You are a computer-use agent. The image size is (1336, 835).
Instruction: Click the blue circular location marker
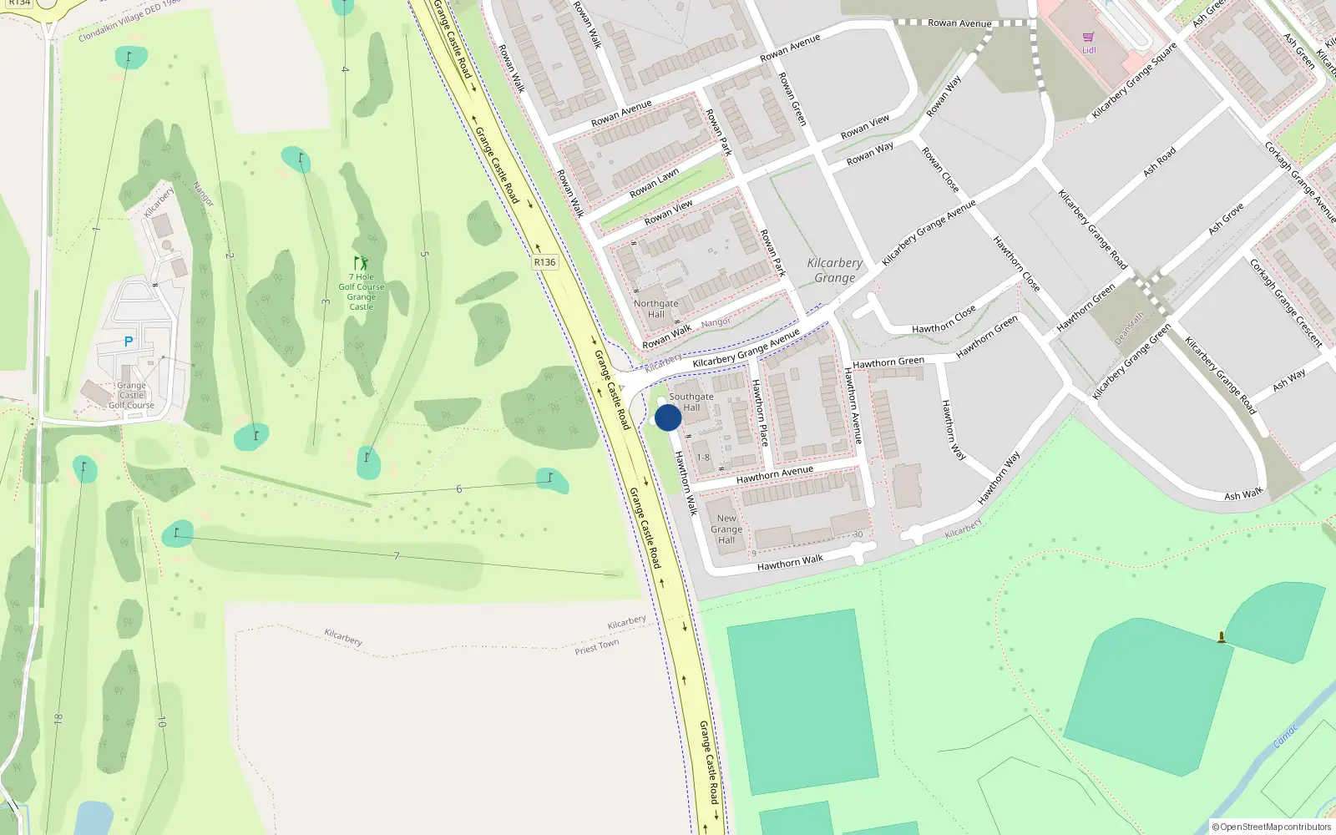[x=668, y=417]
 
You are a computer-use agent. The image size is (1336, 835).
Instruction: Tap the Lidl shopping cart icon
[x=1088, y=38]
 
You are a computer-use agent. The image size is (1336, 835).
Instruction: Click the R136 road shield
[x=544, y=262]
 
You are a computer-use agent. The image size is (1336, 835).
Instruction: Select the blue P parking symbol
[x=129, y=342]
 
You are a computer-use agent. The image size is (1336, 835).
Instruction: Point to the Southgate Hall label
[x=691, y=402]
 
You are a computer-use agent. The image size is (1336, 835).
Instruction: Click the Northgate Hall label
[x=655, y=309]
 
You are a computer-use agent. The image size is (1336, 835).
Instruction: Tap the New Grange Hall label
[x=726, y=529]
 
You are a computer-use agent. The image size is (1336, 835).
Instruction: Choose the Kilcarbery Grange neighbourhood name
[x=835, y=270]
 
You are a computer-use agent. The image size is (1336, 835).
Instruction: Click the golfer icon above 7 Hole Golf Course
[x=361, y=263]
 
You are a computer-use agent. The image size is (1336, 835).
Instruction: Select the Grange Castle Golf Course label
[x=131, y=396]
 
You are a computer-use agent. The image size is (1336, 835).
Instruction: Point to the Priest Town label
[x=596, y=647]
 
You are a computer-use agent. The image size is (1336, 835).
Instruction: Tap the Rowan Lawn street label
[x=654, y=184]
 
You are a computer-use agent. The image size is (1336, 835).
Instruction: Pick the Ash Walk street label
[x=1243, y=495]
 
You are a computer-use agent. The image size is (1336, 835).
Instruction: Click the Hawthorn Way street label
[x=953, y=430]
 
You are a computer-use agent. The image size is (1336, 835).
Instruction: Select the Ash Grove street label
[x=1227, y=218]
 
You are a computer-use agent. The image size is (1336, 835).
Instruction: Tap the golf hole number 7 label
[x=396, y=556]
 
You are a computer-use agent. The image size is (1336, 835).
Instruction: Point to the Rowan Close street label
[x=939, y=170]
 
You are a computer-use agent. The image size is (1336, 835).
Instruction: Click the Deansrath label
[x=1129, y=329]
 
